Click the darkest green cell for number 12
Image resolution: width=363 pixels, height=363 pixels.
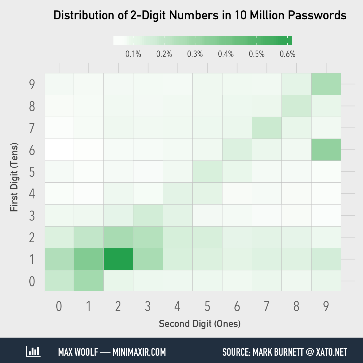118,259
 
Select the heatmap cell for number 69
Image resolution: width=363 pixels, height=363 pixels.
326,150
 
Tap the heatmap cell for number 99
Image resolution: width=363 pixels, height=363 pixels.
326,84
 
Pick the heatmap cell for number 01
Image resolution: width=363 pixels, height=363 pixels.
89,281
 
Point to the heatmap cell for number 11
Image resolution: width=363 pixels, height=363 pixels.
89,259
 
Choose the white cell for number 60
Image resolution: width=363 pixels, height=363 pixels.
59,150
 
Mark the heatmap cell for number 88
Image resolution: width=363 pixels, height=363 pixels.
296,106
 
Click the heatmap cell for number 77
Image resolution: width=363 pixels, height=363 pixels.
267,128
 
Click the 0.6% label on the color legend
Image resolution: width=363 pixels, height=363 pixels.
287,54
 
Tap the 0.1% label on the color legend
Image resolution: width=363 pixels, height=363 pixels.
133,54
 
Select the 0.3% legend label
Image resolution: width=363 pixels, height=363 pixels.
195,54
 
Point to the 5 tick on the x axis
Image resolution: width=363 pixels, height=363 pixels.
207,306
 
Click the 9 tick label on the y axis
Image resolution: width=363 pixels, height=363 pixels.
32,84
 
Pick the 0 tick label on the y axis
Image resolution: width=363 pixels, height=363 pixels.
32,281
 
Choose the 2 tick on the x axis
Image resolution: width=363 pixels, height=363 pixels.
118,306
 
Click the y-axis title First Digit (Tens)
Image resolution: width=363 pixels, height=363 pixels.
14,177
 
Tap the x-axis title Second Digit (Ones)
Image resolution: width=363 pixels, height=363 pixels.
200,324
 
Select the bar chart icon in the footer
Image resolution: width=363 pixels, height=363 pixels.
33,352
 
